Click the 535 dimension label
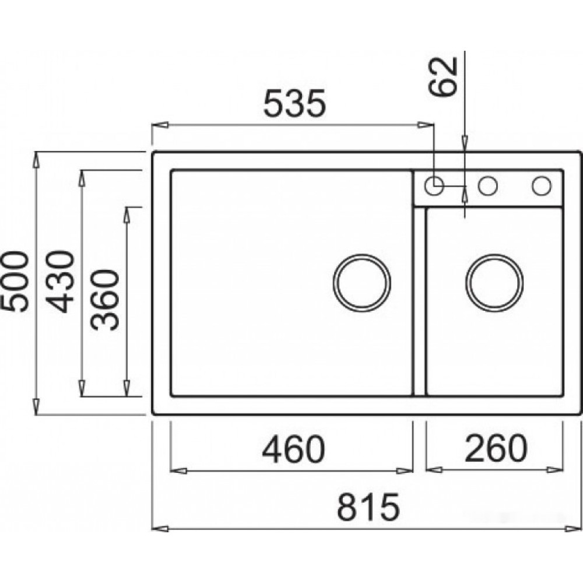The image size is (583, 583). pyautogui.click(x=294, y=102)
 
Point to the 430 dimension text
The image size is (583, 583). pyautogui.click(x=61, y=282)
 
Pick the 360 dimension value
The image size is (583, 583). pyautogui.click(x=106, y=300)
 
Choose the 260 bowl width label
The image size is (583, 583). pyautogui.click(x=496, y=448)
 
